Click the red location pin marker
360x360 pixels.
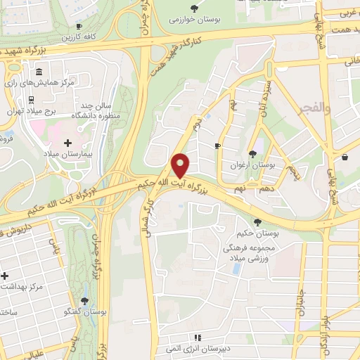tap(181, 165)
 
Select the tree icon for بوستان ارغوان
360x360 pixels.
tap(251, 154)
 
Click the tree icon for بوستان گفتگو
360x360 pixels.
tap(84, 300)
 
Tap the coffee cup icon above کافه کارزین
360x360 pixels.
tap(79, 26)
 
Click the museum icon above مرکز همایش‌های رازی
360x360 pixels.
tap(39, 72)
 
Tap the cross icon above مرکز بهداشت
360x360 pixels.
tap(5, 276)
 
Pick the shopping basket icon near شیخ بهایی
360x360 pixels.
tap(345, 157)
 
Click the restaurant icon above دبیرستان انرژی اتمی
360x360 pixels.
tap(199, 337)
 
